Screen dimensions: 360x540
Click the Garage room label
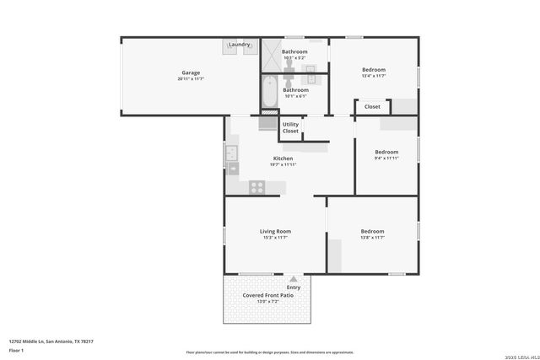click(191, 73)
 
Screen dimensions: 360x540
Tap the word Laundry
click(239, 45)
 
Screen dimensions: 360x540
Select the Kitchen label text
click(283, 159)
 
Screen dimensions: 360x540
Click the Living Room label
click(275, 231)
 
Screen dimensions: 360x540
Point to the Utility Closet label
click(290, 128)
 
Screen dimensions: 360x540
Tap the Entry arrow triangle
click(293, 278)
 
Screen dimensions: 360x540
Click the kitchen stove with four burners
click(256, 187)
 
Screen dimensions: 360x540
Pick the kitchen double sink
click(231, 154)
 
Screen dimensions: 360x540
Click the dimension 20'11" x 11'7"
click(191, 79)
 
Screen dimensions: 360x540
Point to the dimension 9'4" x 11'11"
click(386, 159)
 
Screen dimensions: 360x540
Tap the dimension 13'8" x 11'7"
click(372, 238)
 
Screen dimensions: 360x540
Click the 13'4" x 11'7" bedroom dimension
click(373, 76)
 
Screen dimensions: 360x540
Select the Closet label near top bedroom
click(372, 107)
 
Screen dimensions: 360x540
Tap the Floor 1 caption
click(17, 350)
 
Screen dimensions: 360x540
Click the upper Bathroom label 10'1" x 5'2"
click(294, 51)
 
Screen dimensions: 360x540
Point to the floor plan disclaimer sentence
click(269, 352)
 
